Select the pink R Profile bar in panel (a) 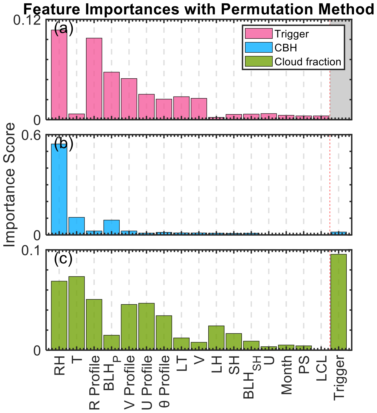pos(94,78)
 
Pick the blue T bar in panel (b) pos(77,226)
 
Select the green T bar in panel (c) pos(77,313)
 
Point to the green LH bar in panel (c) pos(216,337)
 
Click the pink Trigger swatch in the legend pos(259,34)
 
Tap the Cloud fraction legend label pos(308,62)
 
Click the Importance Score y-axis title pos(10,185)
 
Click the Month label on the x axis pos(286,375)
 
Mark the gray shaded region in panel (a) pos(340,70)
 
